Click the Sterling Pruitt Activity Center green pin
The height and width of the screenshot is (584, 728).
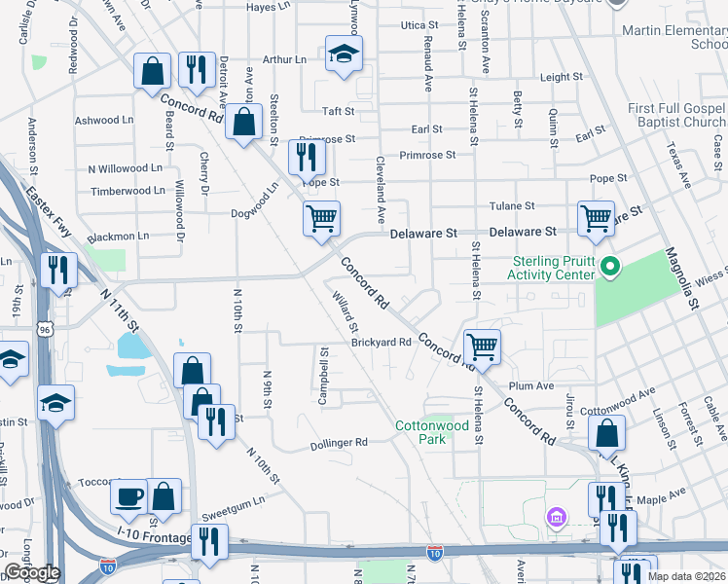610,266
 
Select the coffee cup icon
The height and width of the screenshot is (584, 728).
128,497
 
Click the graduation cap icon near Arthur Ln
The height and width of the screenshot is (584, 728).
343,55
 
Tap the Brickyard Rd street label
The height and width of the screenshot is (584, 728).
382,343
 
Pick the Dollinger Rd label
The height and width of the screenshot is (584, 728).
338,442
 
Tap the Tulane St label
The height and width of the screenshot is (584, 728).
517,206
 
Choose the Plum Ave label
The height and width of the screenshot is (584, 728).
530,386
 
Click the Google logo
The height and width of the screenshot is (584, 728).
31,572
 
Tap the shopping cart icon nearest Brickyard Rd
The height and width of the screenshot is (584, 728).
481,346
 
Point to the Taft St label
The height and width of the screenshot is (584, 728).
338,112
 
